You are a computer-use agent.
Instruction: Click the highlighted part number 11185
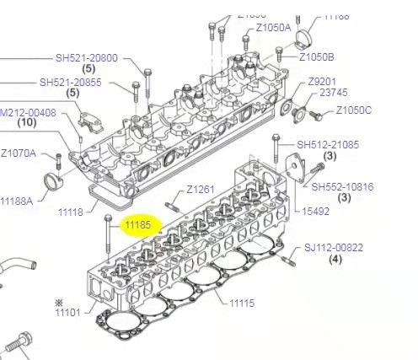pyautogui.click(x=137, y=225)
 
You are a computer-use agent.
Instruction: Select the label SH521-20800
pyautogui.click(x=87, y=58)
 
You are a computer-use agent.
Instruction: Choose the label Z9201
pyautogui.click(x=322, y=81)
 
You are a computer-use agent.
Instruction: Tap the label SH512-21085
pyautogui.click(x=327, y=144)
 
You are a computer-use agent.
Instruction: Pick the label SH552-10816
pyautogui.click(x=342, y=186)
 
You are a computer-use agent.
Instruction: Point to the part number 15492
pyautogui.click(x=316, y=211)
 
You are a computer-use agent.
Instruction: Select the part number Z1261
pyautogui.click(x=201, y=189)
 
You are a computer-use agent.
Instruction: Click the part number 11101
pyautogui.click(x=67, y=313)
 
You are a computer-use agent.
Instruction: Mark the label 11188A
pyautogui.click(x=16, y=201)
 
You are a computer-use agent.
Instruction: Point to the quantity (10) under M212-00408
pyautogui.click(x=27, y=123)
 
